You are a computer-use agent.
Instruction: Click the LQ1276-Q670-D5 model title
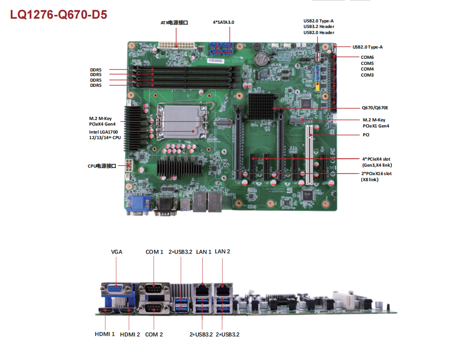pos(59,14)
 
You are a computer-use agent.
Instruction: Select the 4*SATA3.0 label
pos(223,22)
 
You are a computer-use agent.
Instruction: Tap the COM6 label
pos(367,57)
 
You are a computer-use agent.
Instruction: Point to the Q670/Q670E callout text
pos(375,108)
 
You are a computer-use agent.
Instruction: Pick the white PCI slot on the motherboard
pos(310,155)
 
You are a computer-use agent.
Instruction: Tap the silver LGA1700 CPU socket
pos(182,121)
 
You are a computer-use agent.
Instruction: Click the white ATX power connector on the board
pos(177,46)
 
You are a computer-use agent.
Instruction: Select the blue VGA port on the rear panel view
pos(116,289)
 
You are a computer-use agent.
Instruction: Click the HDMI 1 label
pos(105,334)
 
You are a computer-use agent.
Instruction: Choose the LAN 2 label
pos(222,252)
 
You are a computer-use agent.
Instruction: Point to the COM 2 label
pos(154,334)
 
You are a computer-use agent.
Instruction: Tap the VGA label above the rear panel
pos(117,252)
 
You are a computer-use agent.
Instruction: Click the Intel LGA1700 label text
pos(103,132)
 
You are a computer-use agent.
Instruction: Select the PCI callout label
pos(366,135)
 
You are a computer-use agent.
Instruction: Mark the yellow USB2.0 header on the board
pos(318,87)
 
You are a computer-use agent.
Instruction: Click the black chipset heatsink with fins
pos(261,106)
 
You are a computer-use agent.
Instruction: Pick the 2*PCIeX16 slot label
pos(376,174)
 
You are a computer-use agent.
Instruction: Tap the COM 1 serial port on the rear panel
pos(154,289)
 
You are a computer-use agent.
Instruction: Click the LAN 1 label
pos(204,252)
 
